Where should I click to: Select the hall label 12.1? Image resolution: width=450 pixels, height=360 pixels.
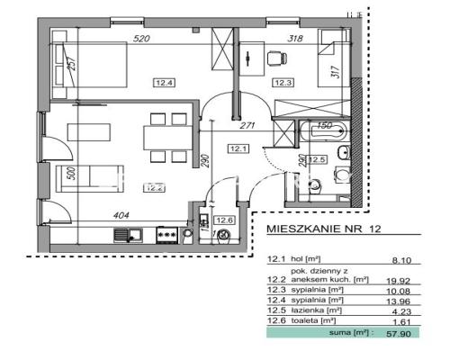point(238,148)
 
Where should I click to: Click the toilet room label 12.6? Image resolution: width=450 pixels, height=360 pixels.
point(224,220)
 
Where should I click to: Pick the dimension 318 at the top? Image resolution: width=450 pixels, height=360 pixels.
point(294,39)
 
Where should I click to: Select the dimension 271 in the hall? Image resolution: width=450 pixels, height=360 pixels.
point(252,127)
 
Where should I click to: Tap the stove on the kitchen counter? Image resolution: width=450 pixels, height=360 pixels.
point(166,234)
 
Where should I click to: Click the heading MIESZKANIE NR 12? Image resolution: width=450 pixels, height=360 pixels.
point(324,230)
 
